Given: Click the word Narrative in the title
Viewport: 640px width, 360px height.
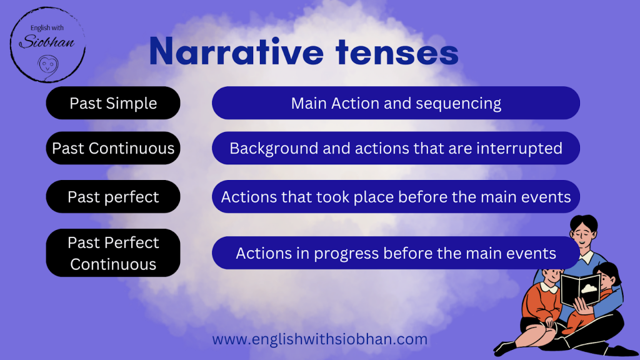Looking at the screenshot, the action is coord(236,52).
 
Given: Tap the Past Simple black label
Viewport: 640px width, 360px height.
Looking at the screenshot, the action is coord(113,103).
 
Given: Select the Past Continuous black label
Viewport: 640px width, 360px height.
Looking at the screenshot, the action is coord(113,148).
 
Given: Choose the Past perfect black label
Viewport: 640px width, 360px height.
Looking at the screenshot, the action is coord(113,197).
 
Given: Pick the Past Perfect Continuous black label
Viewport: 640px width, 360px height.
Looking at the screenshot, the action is coord(113,253).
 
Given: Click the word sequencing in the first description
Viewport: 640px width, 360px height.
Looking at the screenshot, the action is coord(458,104).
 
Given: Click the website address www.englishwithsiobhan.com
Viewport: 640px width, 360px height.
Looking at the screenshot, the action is coord(319,339).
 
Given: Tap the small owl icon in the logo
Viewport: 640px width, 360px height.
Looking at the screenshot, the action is coord(48,65).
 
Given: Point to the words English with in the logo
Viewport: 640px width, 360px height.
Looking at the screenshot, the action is coord(47,27).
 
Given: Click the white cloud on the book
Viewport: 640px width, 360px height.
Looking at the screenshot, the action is coord(589,289).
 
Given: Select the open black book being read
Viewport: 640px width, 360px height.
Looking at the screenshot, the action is coord(581,290).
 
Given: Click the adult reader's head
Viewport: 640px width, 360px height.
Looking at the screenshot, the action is coord(584,231).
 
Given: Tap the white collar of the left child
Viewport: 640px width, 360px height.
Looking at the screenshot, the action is coord(549,287).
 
